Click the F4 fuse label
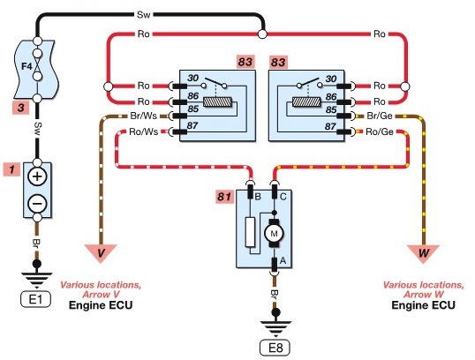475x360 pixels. click(26, 66)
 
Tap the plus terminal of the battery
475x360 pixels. click(37, 176)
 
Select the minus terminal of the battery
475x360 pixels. click(37, 203)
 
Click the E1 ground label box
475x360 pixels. click(35, 299)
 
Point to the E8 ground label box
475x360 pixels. click(275, 348)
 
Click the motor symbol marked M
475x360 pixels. click(274, 234)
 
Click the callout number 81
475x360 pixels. click(224, 197)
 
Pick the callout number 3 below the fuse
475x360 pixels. click(21, 108)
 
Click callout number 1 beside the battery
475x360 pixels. click(11, 169)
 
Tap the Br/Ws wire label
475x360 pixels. click(144, 116)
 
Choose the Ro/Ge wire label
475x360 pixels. click(380, 131)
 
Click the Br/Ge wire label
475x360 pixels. click(380, 116)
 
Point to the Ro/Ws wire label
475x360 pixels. click(144, 131)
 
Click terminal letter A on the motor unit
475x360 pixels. click(283, 260)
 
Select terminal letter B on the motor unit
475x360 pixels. click(258, 197)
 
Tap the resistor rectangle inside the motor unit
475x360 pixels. click(250, 232)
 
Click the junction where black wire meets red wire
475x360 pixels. click(262, 34)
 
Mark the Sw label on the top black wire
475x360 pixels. click(143, 14)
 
